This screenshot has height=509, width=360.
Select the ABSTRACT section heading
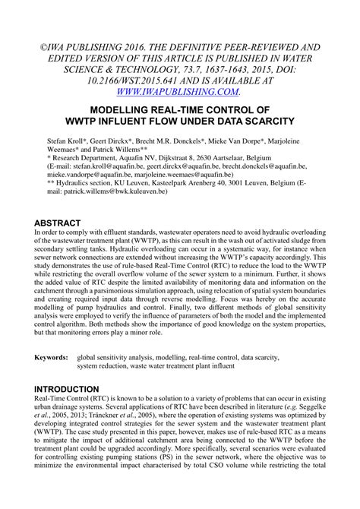point(63,223)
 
